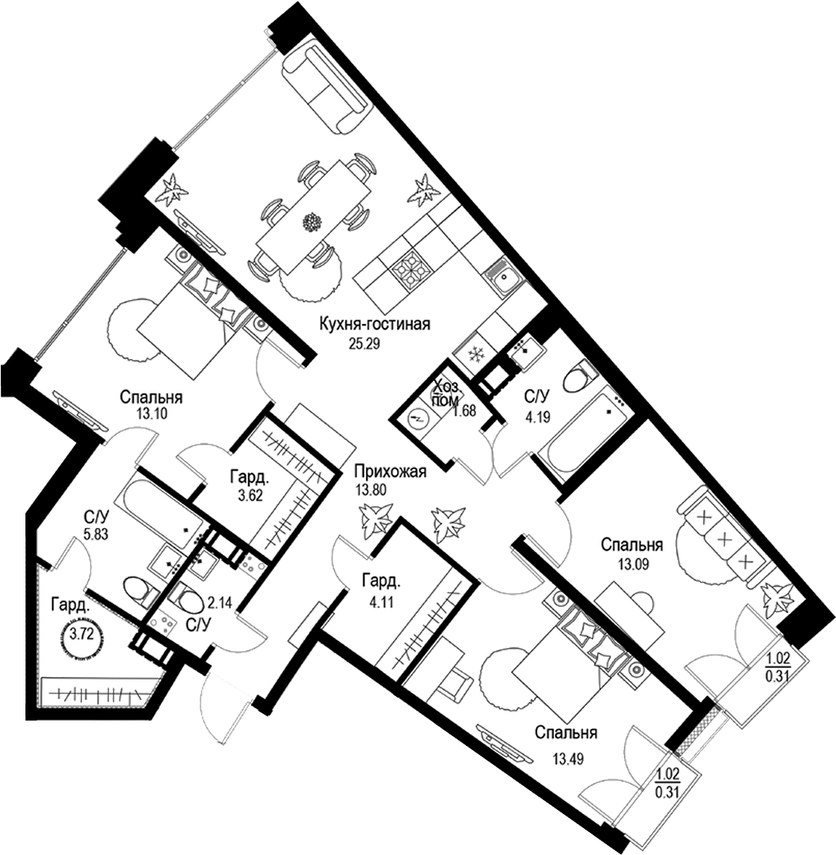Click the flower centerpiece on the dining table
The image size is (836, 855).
tap(312, 221)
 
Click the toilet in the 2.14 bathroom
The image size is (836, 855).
tap(188, 601)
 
